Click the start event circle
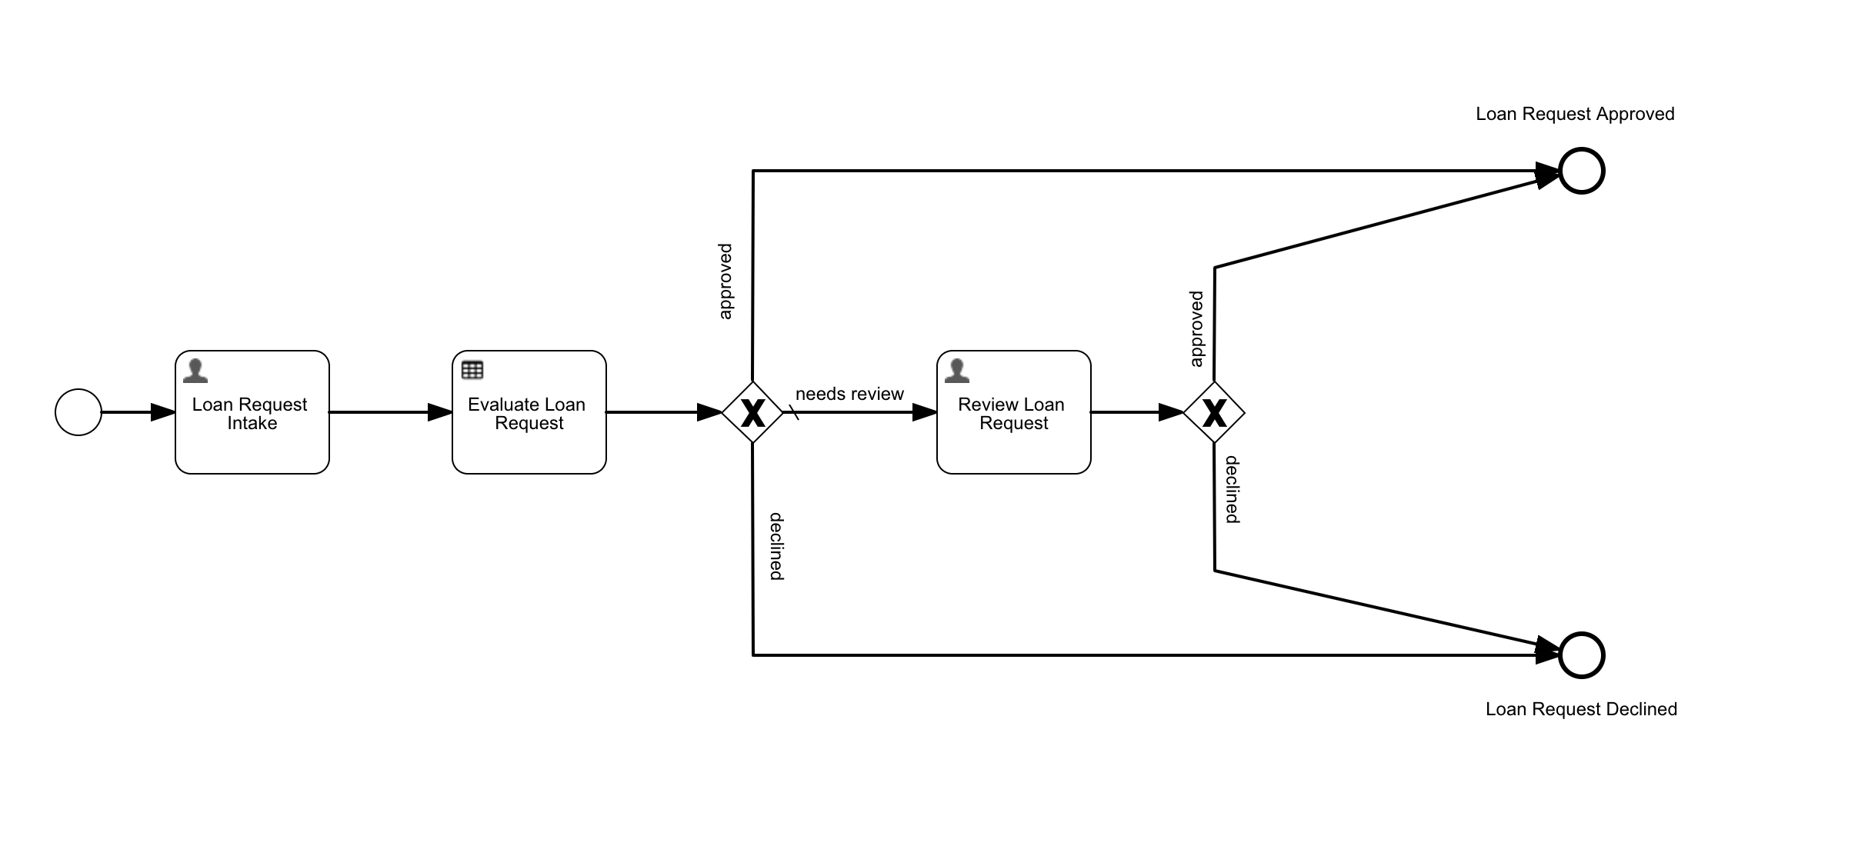pos(78,412)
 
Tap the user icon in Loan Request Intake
pos(195,371)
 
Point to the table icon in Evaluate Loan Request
pos(472,370)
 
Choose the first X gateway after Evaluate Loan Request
pos(752,412)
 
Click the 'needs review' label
pos(849,394)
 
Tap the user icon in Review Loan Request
pos(956,371)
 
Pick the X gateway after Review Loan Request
pos(1214,412)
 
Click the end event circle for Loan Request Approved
pos(1582,171)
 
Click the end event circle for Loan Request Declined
pos(1582,655)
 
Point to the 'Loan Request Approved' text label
pos(1575,114)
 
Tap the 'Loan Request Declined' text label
pos(1581,709)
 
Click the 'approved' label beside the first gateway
pos(726,281)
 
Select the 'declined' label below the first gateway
pos(776,546)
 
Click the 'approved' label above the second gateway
pos(1196,328)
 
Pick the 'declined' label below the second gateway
pos(1233,489)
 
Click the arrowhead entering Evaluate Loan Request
pos(440,412)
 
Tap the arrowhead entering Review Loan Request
pos(925,412)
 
